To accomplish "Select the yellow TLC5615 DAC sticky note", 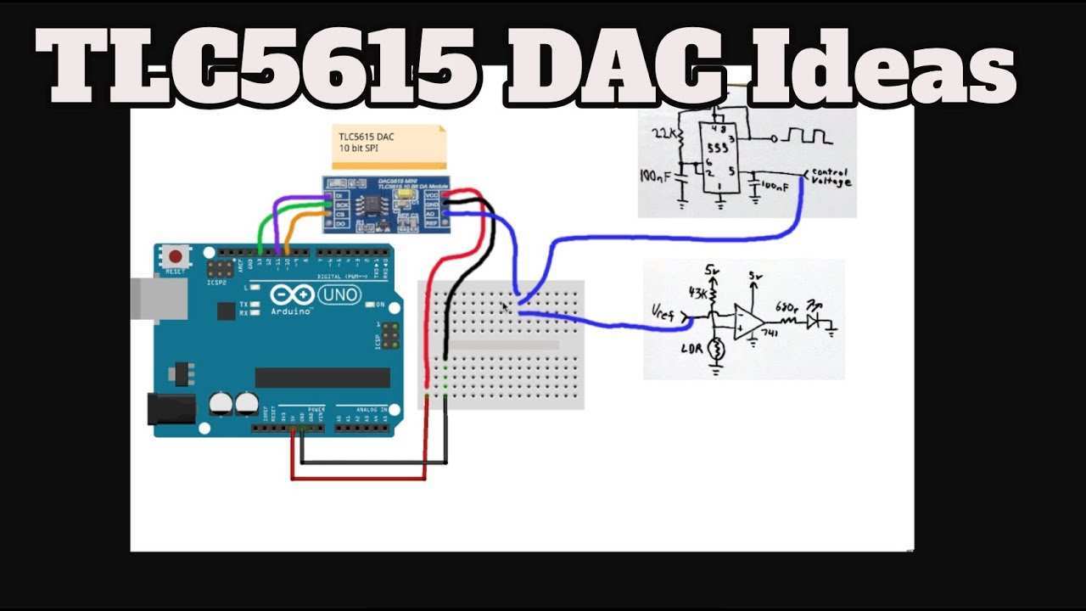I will [388, 146].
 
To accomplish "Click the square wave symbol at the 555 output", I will [807, 136].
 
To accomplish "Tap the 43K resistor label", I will [697, 294].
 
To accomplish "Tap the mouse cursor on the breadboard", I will [506, 307].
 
